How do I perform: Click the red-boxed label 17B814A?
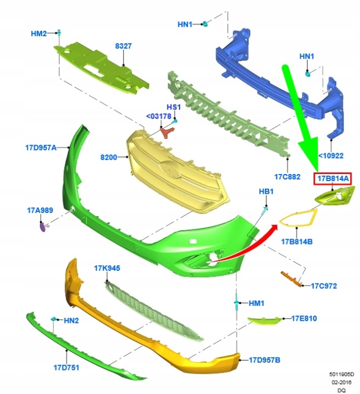[333, 178]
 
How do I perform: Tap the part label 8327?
[123, 46]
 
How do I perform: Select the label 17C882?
[287, 177]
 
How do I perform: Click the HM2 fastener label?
[39, 33]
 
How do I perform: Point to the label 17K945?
[107, 268]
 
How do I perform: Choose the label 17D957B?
[265, 360]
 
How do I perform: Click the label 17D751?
[66, 368]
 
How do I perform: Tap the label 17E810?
[304, 318]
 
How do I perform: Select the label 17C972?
[324, 286]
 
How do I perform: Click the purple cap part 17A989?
[43, 227]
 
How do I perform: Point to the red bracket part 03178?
[167, 132]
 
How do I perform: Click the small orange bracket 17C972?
[291, 279]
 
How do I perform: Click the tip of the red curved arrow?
[278, 225]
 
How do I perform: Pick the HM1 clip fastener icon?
[236, 302]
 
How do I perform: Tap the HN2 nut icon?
[53, 319]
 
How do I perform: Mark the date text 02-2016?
[341, 382]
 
